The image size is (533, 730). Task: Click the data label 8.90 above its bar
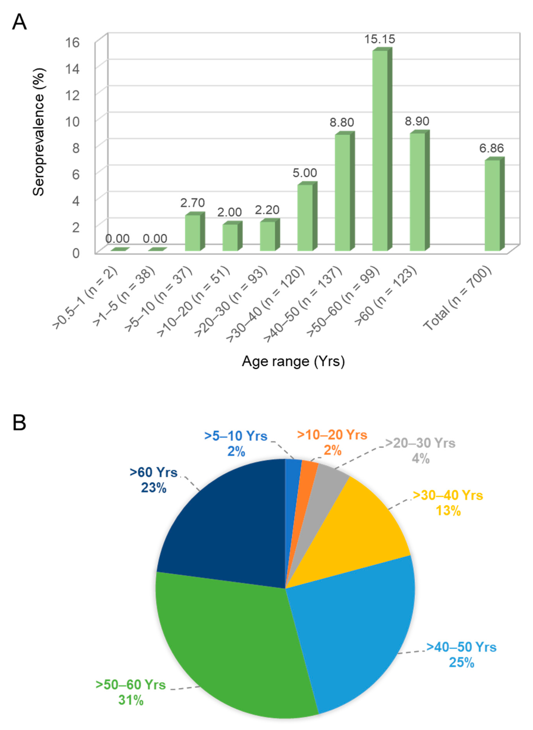tap(417, 121)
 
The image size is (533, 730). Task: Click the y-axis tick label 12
tap(72, 95)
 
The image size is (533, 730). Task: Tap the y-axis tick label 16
tap(72, 42)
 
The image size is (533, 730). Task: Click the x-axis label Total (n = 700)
tap(457, 299)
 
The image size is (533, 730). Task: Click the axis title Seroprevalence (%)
tap(38, 132)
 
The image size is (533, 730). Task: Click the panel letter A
tap(19, 22)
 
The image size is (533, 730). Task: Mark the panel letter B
tap(19, 423)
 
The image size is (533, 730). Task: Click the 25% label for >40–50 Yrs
tap(461, 663)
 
